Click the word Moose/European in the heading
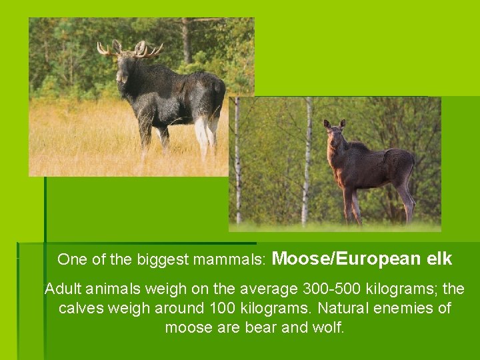pyautogui.click(x=347, y=258)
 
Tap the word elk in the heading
pyautogui.click(x=437, y=258)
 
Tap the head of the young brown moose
pyautogui.click(x=335, y=140)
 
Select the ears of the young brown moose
pyautogui.click(x=335, y=124)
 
